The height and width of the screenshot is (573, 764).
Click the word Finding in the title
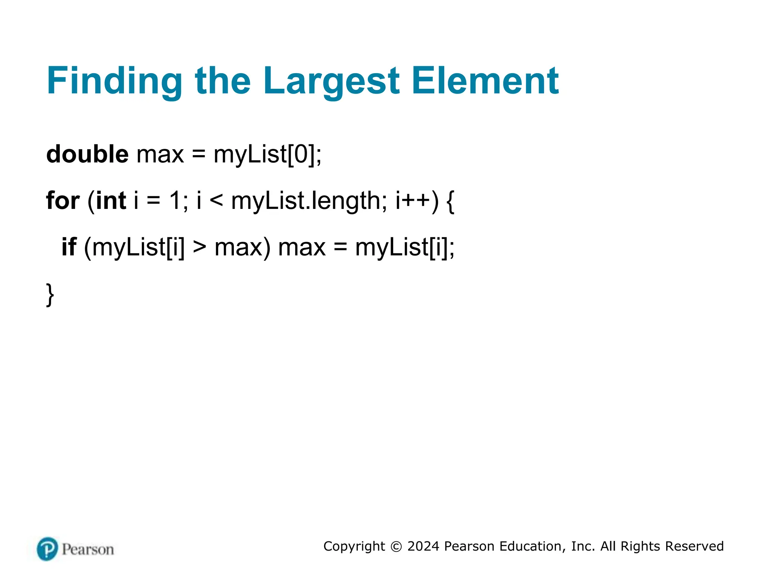114,81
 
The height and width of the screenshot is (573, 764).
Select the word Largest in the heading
331,81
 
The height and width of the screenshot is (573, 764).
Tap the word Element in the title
485,81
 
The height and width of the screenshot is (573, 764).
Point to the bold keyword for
63,200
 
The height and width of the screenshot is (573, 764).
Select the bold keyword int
111,200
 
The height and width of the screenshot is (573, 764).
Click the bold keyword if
69,247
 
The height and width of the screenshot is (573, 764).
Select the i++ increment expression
413,200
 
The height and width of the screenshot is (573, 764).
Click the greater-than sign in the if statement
200,248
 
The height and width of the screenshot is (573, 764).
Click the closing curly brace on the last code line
50,295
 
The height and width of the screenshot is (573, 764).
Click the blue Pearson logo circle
47,549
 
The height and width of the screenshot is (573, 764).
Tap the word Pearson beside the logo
88,549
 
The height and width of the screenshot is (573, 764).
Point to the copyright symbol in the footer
396,547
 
